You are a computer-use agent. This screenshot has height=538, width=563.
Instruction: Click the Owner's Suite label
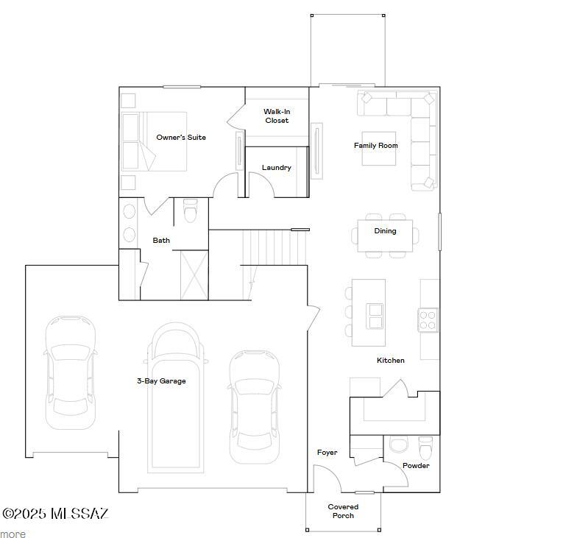point(181,138)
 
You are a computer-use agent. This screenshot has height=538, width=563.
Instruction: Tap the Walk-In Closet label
point(277,116)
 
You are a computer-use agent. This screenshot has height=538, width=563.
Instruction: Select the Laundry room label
point(277,168)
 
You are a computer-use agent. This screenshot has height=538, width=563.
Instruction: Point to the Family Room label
point(375,146)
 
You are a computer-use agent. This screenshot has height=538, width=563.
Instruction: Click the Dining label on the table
point(385,231)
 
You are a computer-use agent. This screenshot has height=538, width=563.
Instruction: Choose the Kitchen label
point(390,361)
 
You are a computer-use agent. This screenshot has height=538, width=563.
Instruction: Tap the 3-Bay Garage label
point(161,381)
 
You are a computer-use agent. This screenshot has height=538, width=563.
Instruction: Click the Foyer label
point(327,453)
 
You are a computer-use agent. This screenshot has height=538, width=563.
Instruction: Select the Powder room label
point(416,466)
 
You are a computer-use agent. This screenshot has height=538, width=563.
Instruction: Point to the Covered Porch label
point(343,511)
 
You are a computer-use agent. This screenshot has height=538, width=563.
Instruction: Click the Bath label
point(161,241)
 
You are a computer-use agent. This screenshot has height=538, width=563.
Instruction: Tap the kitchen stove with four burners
point(428,319)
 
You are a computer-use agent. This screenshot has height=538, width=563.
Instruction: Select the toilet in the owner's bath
point(191,211)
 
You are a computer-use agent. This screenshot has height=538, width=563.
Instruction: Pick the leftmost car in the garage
point(71,372)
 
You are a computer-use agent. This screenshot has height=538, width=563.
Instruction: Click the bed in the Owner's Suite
point(155,141)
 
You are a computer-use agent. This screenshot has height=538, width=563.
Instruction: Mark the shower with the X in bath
point(194,275)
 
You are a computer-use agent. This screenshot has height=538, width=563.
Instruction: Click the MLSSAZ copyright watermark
point(55,514)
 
